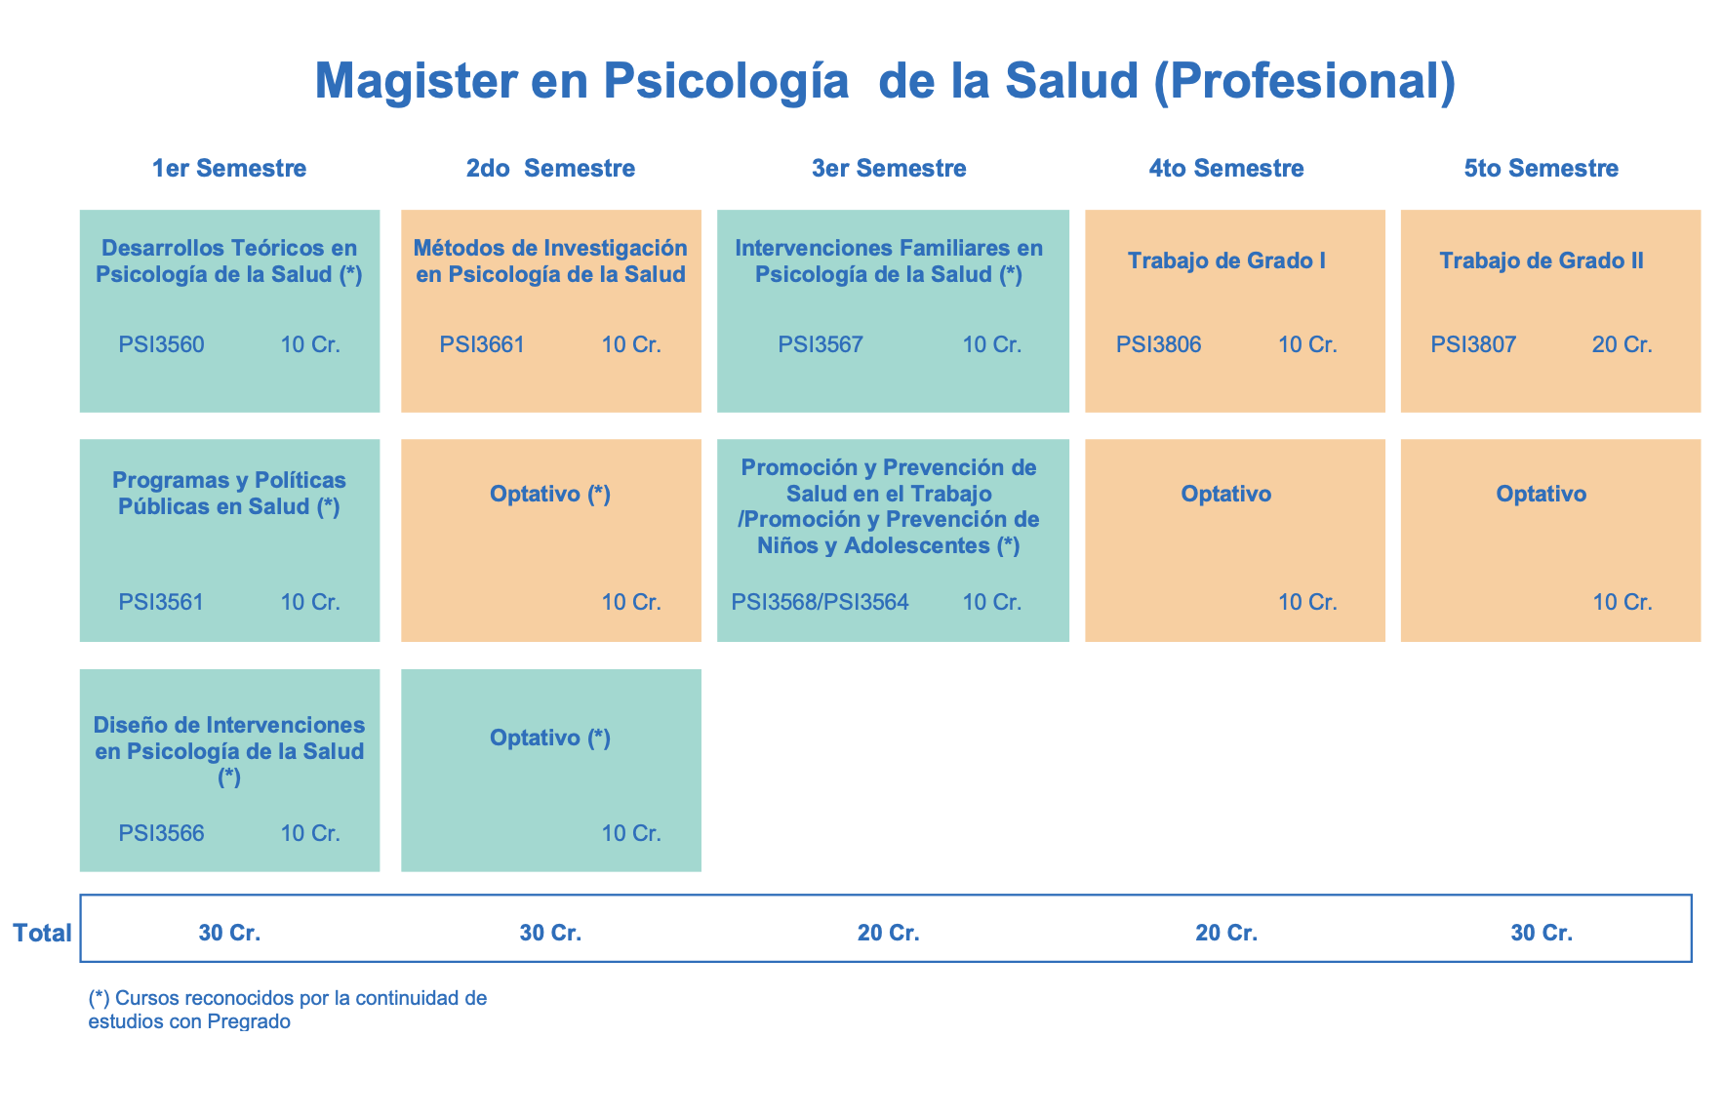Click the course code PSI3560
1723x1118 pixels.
pyautogui.click(x=161, y=344)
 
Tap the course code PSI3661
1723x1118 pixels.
pyautogui.click(x=482, y=344)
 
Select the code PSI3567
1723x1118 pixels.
pyautogui.click(x=821, y=344)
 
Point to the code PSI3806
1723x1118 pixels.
pyautogui.click(x=1159, y=344)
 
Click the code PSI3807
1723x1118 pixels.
pyautogui.click(x=1473, y=344)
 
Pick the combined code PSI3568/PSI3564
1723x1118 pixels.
pyautogui.click(x=820, y=602)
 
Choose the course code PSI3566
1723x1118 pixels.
pyautogui.click(x=161, y=833)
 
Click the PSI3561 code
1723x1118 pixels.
pyautogui.click(x=161, y=602)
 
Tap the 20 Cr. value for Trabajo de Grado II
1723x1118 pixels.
pyautogui.click(x=1622, y=344)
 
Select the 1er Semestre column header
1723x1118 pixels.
pyautogui.click(x=229, y=169)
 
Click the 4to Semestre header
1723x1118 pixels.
pyautogui.click(x=1226, y=169)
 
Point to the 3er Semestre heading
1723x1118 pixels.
pyautogui.click(x=889, y=169)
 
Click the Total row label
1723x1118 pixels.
pyautogui.click(x=42, y=934)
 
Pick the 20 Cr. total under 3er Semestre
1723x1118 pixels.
pyautogui.click(x=889, y=934)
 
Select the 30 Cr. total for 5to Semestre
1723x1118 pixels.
pyautogui.click(x=1542, y=934)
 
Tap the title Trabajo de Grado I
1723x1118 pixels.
pyautogui.click(x=1226, y=261)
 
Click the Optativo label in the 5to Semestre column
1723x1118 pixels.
pyautogui.click(x=1542, y=495)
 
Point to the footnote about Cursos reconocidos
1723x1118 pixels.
pyautogui.click(x=287, y=1011)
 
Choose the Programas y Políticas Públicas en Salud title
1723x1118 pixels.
pyautogui.click(x=229, y=494)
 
